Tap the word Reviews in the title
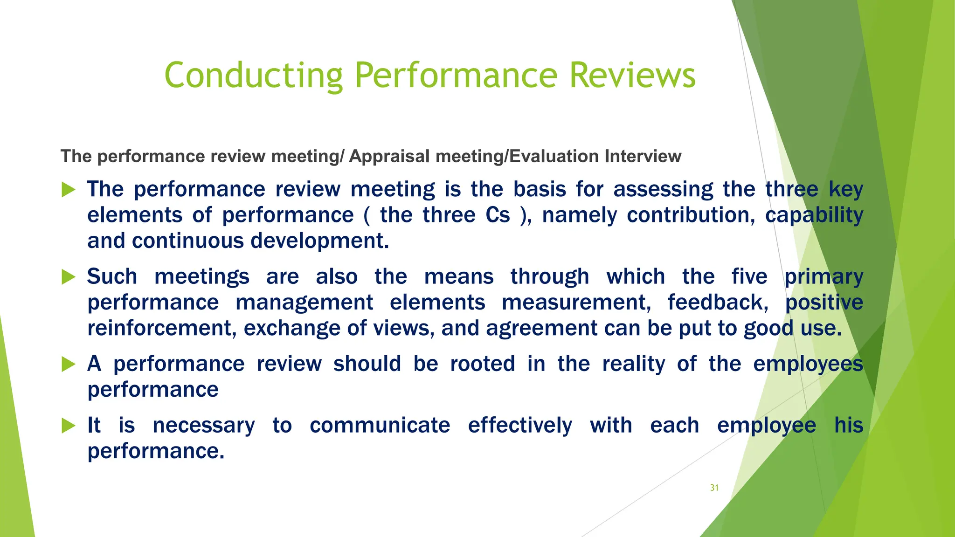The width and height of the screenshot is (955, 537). pos(632,76)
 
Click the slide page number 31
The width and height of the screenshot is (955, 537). pos(714,488)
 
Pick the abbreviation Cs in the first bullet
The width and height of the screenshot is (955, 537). pos(498,215)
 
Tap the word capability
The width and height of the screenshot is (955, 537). pos(814,215)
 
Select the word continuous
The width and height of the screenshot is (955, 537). pos(188,241)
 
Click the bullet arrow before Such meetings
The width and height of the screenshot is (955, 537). pos(68,277)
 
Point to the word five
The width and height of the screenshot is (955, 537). pos(749,276)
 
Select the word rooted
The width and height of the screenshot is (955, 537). pos(483,364)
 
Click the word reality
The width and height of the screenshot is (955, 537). pos(633,364)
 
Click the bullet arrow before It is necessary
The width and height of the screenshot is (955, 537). pos(68,426)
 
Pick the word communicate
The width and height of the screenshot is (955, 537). pos(380,426)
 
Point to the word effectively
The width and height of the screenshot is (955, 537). pos(520,426)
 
